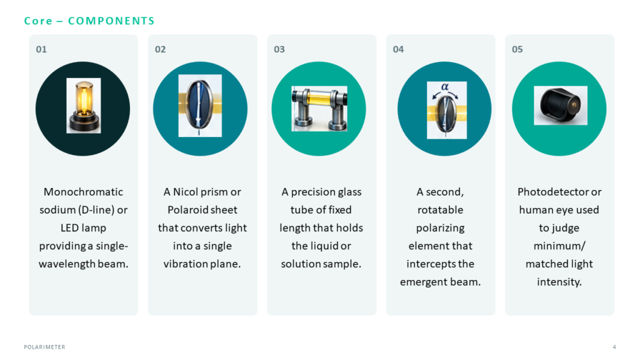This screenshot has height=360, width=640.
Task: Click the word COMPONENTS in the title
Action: point(111,21)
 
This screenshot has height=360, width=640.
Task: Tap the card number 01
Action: point(41,49)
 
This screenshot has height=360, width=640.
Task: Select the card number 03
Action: point(279,49)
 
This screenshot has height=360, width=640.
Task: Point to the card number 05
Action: point(517,49)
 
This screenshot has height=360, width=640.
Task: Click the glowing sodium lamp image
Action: point(84,106)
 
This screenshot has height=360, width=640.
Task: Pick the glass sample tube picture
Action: point(319,109)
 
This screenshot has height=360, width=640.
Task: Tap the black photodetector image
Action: point(561,105)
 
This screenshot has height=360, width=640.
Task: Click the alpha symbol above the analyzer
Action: point(445,86)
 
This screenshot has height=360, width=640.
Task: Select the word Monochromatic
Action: point(83,192)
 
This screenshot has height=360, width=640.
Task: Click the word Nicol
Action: point(185,192)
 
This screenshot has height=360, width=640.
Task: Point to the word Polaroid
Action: point(186,210)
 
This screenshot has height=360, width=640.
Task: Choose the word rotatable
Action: point(441,210)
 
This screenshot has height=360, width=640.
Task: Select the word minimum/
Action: point(559,246)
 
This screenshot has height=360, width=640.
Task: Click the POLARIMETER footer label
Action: point(44,347)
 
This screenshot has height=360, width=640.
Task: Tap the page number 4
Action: point(614,347)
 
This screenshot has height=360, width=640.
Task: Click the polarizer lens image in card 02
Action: point(200,106)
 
